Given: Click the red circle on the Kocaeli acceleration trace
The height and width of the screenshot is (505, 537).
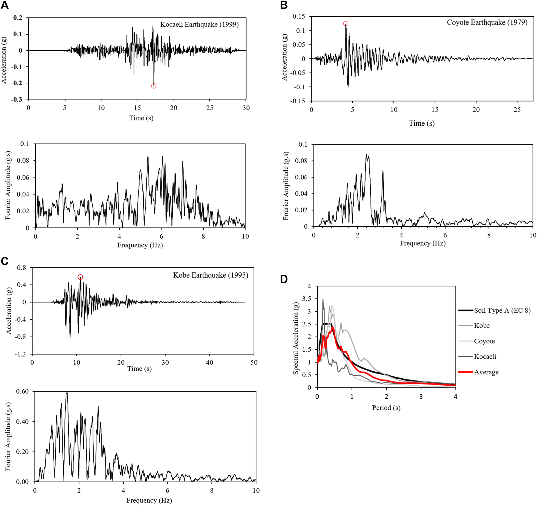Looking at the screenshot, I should pos(154,86).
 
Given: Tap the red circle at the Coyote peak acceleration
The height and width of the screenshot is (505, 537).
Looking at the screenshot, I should pos(345,24).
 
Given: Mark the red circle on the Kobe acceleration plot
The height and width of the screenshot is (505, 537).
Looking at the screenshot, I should pos(80,277).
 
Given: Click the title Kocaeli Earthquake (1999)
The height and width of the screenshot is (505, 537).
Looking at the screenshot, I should pos(199,25).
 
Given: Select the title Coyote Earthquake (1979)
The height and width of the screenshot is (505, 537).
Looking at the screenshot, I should pos(487,22).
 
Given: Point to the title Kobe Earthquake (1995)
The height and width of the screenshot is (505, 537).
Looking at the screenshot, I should pos(211,275).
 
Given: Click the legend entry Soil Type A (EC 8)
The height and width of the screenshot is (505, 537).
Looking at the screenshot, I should pos(502,310).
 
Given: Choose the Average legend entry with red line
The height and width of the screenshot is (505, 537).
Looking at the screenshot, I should pos(486,372).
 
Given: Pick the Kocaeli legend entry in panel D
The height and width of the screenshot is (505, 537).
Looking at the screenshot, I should pos(485,357).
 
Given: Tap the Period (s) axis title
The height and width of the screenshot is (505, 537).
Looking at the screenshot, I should pos(386,408).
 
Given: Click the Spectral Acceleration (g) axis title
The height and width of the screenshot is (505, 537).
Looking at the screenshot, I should pos(296,338).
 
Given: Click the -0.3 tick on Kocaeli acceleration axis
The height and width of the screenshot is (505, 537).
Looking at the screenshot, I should pos(17,99).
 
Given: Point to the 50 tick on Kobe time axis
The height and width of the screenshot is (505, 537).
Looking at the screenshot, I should pos(254,362).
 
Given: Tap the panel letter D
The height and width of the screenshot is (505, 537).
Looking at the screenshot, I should pos(284,279).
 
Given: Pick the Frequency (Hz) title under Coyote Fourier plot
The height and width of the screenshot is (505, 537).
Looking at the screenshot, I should pos(422,243).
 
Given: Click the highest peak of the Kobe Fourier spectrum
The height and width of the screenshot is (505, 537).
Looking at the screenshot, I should pos(67,393).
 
